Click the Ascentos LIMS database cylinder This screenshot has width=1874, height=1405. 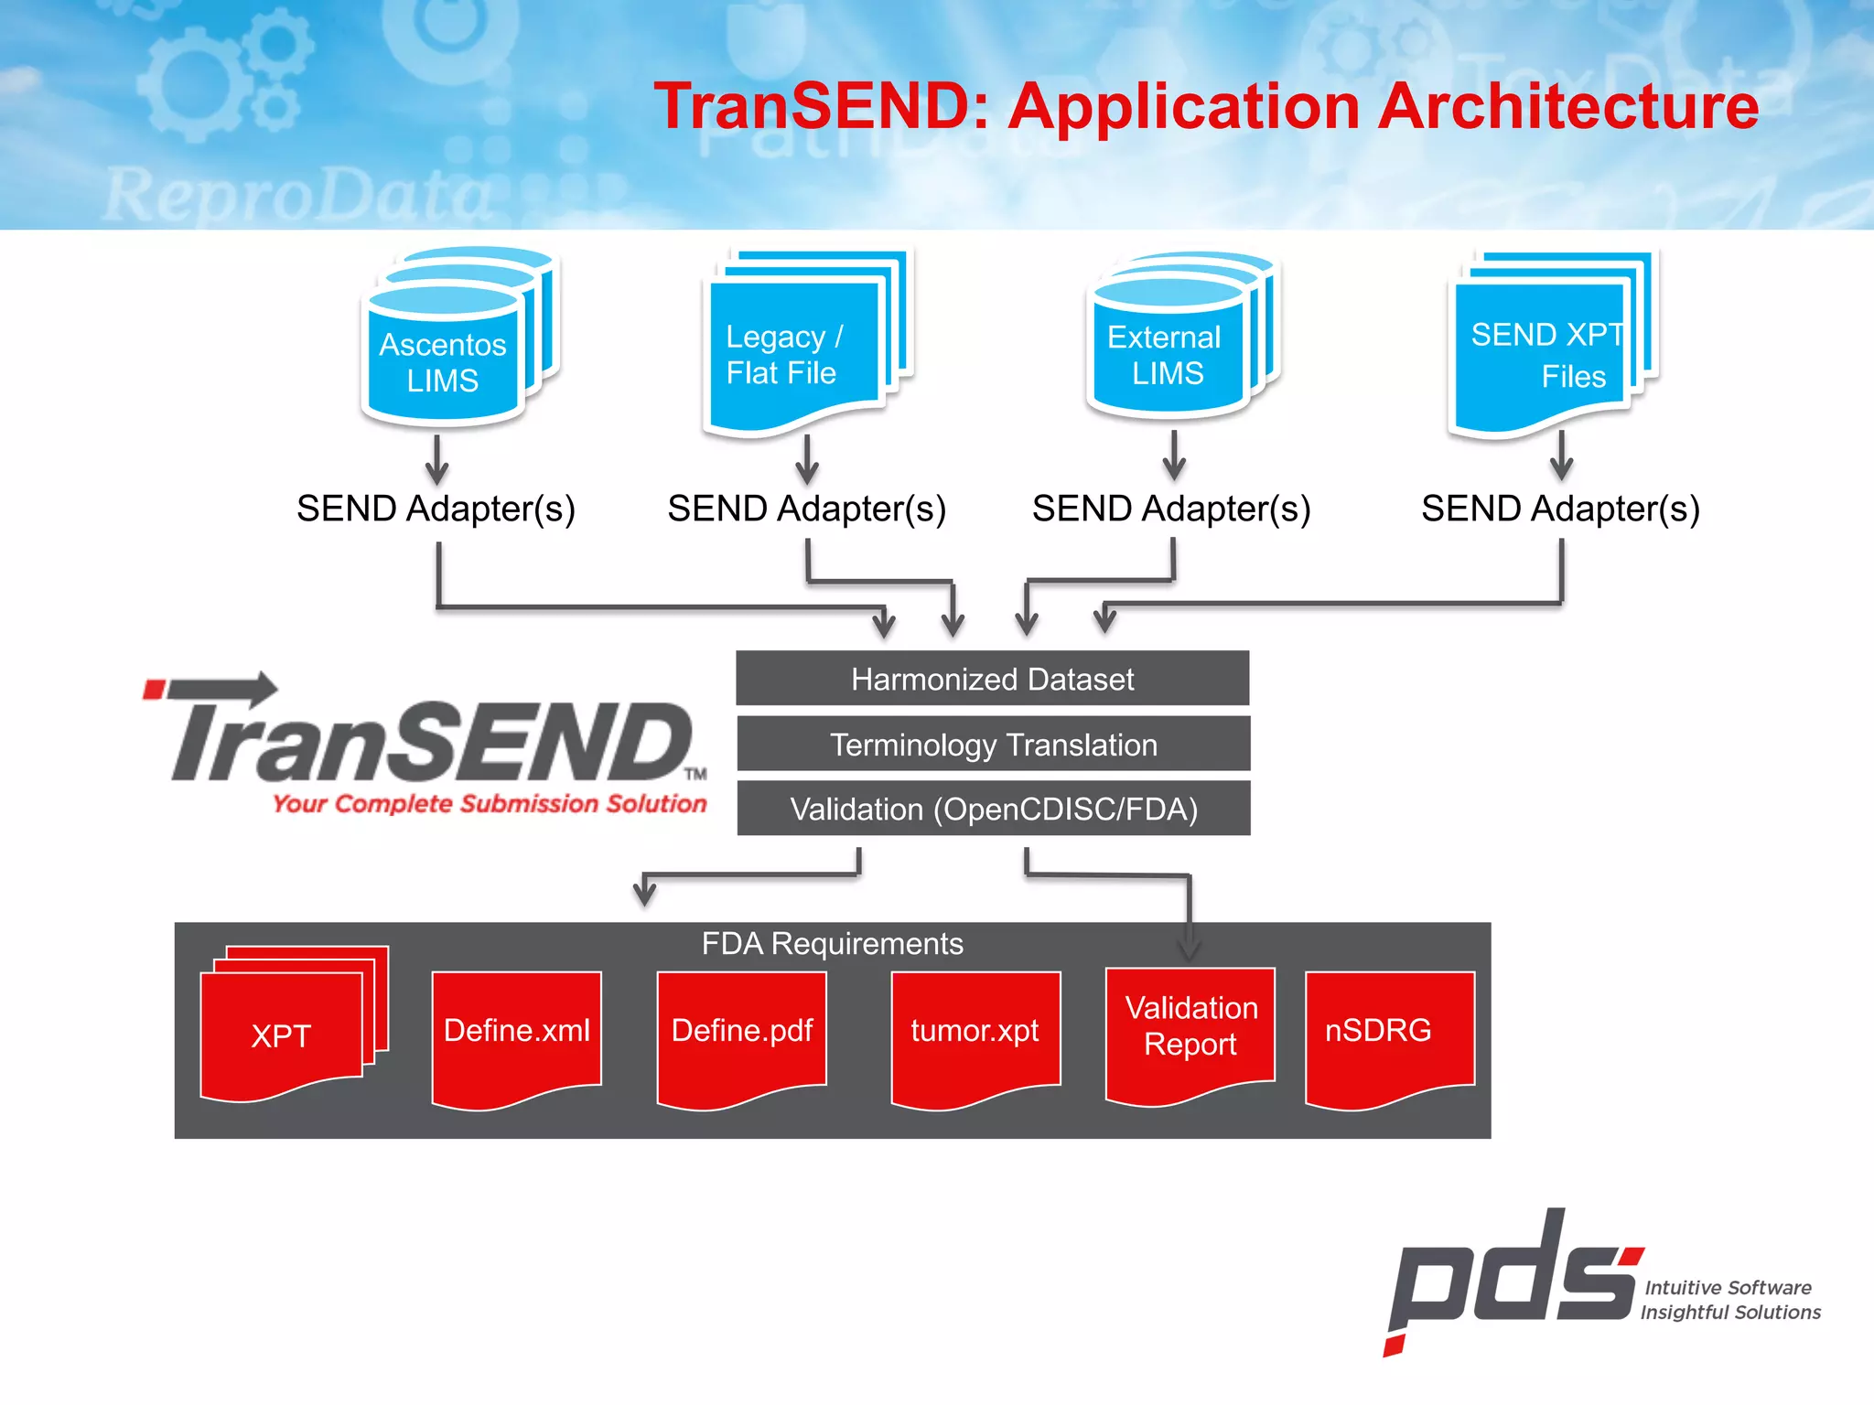pos(444,360)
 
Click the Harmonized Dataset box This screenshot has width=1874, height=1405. pos(992,679)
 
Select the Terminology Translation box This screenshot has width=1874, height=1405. pos(993,745)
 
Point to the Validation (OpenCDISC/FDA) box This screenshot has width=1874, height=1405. pos(994,809)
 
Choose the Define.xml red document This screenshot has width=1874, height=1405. pos(516,1032)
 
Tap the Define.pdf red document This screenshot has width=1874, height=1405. pos(742,1032)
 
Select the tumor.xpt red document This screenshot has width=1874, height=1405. pos(975,1032)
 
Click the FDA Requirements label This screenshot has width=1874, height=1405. pos(832,943)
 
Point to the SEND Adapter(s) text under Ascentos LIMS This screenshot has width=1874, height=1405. pos(436,509)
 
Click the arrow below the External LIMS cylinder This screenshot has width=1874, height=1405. pos(1174,456)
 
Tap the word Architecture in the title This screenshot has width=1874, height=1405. pos(1567,106)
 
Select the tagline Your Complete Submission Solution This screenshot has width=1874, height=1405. pos(490,804)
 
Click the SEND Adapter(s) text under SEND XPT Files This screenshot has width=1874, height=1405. pos(1560,509)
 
